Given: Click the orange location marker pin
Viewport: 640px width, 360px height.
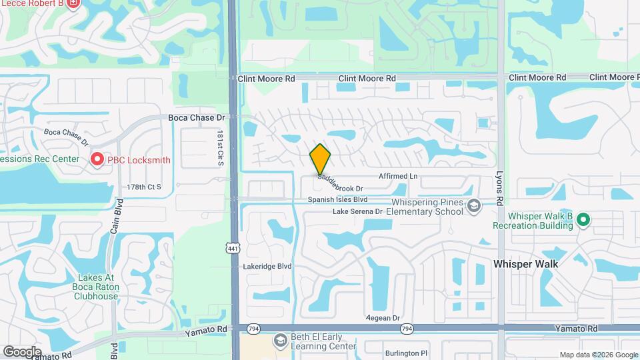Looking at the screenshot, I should coord(321,159).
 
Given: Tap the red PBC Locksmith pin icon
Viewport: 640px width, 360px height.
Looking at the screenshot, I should coord(97,159).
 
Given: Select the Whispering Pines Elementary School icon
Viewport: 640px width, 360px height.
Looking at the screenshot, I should coord(474,205).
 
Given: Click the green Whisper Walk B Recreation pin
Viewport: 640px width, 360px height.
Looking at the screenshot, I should coord(583,218).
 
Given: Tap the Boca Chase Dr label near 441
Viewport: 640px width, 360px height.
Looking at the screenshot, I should coord(196,117).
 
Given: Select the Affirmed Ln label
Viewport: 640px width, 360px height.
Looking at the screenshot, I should coord(398,176).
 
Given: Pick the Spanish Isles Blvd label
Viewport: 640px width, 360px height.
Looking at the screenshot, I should coord(337,199).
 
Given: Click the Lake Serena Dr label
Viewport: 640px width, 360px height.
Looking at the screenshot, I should coord(357,211).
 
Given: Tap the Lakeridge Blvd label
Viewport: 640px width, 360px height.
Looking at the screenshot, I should coord(268,266).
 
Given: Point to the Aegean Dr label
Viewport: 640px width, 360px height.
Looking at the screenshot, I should coord(383,318).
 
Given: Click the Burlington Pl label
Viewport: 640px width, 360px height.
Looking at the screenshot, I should coord(405,353).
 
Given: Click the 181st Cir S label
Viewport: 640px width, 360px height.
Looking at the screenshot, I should coord(219,149).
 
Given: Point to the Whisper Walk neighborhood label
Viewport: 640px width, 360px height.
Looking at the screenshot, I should coord(525,264).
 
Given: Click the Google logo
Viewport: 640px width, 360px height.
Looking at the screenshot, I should coord(22,351).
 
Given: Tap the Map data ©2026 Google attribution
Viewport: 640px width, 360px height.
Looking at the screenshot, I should coord(598,355).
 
